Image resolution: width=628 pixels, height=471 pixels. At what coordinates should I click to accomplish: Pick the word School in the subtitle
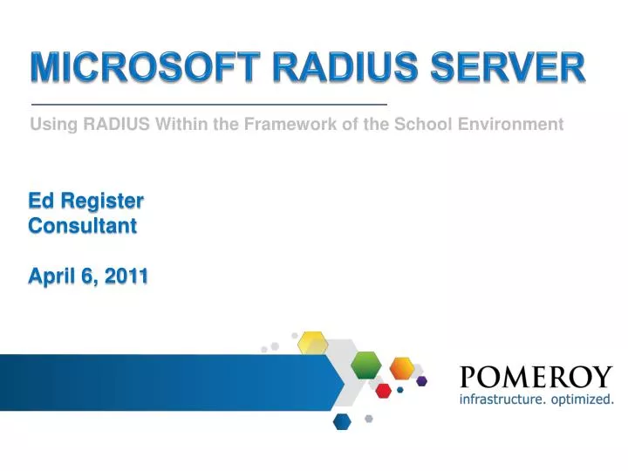click(x=423, y=124)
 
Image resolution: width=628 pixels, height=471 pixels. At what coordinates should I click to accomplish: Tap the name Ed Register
click(x=85, y=201)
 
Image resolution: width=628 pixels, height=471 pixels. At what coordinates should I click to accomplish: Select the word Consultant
click(x=83, y=226)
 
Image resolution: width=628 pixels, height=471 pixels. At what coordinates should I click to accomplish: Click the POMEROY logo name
click(x=536, y=378)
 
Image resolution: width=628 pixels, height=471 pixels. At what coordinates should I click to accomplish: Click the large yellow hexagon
click(x=312, y=343)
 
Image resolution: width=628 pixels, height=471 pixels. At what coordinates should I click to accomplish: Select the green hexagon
click(x=366, y=364)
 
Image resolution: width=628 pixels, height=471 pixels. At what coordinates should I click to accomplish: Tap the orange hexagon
click(x=402, y=367)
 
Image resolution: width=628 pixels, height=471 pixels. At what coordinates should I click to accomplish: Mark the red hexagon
click(x=383, y=390)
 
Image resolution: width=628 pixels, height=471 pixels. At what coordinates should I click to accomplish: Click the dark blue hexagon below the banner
click(x=342, y=421)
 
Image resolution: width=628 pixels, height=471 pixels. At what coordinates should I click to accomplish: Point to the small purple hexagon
click(x=421, y=380)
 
